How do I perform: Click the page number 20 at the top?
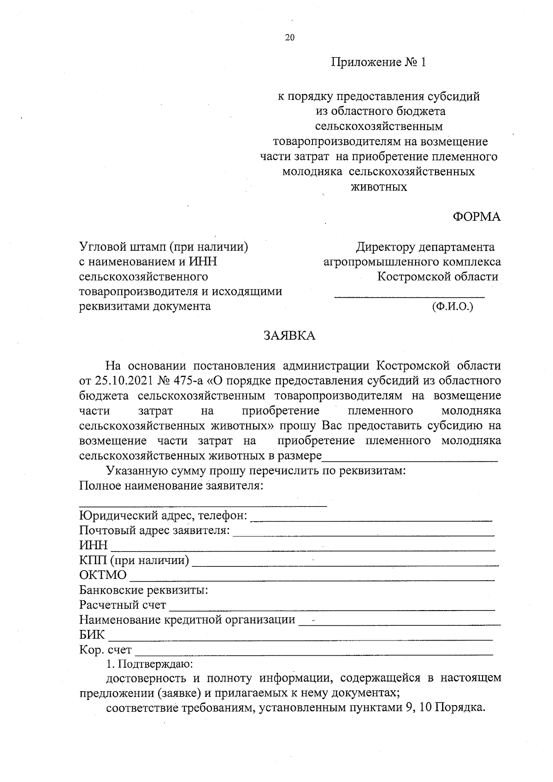pos(289,38)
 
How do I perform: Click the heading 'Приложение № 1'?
pos(378,62)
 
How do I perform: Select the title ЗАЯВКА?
pos(289,335)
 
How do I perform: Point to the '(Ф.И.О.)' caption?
pos(453,306)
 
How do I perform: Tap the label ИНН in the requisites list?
pos(93,546)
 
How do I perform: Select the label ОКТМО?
pos(103,576)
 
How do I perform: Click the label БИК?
pos(92,635)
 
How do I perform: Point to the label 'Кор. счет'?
pos(106,650)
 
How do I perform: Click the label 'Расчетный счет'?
pos(123,605)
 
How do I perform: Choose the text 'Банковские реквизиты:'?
pos(143,590)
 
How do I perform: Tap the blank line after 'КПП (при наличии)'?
pos(345,564)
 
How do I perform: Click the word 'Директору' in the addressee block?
pos(385,247)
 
